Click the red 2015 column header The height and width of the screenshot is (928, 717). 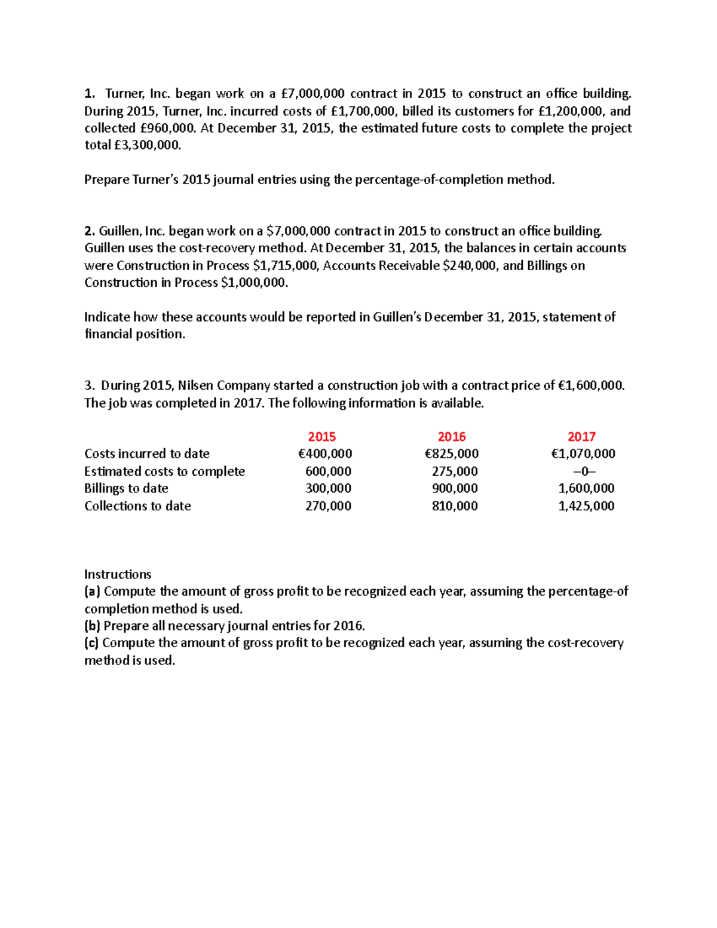[x=321, y=437]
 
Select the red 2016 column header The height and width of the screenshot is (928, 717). [x=452, y=437]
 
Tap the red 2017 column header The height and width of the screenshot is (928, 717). [x=581, y=437]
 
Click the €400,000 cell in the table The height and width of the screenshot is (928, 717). [x=325, y=454]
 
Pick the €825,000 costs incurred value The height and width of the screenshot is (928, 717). [x=451, y=454]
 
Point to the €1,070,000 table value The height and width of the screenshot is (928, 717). [x=583, y=454]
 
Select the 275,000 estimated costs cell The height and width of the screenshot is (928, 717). [x=455, y=471]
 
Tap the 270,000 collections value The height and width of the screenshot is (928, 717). [x=328, y=506]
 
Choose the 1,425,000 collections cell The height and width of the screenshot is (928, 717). [x=586, y=506]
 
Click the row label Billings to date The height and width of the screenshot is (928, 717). [x=126, y=488]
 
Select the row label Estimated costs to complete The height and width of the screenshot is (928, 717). [x=164, y=471]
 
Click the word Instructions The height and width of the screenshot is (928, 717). [x=118, y=574]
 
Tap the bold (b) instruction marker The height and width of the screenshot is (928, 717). [x=93, y=626]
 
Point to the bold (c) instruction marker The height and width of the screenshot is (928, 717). [x=92, y=643]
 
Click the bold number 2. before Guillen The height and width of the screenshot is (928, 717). [x=90, y=231]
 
